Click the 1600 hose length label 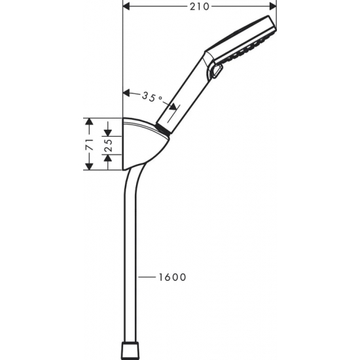[x=172, y=277]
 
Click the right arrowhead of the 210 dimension [x=274, y=7]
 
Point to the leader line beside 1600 [x=147, y=277]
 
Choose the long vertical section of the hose [x=131, y=262]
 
